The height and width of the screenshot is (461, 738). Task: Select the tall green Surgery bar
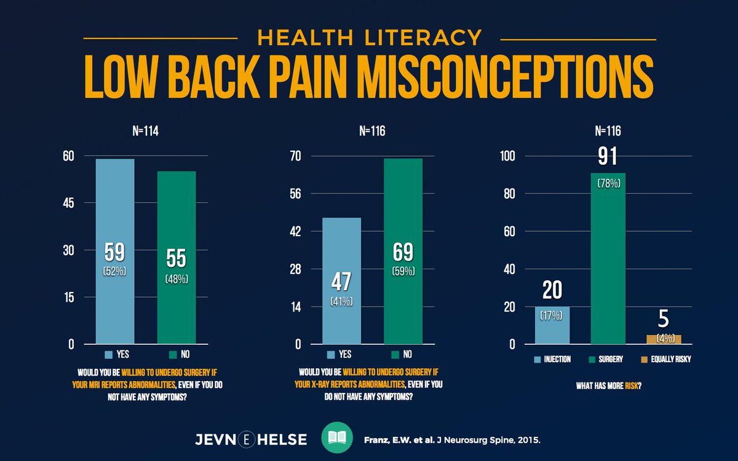[x=608, y=258]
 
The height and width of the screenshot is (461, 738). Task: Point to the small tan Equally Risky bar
[x=664, y=339]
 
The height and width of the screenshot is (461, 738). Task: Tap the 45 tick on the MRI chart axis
[x=68, y=203]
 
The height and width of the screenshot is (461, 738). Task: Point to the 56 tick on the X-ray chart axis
[x=296, y=194]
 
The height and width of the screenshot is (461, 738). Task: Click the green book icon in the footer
[x=337, y=438]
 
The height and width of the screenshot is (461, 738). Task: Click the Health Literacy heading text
[x=369, y=37]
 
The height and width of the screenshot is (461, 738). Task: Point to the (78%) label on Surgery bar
[x=608, y=183]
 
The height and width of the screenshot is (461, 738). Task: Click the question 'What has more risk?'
[x=606, y=386]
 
